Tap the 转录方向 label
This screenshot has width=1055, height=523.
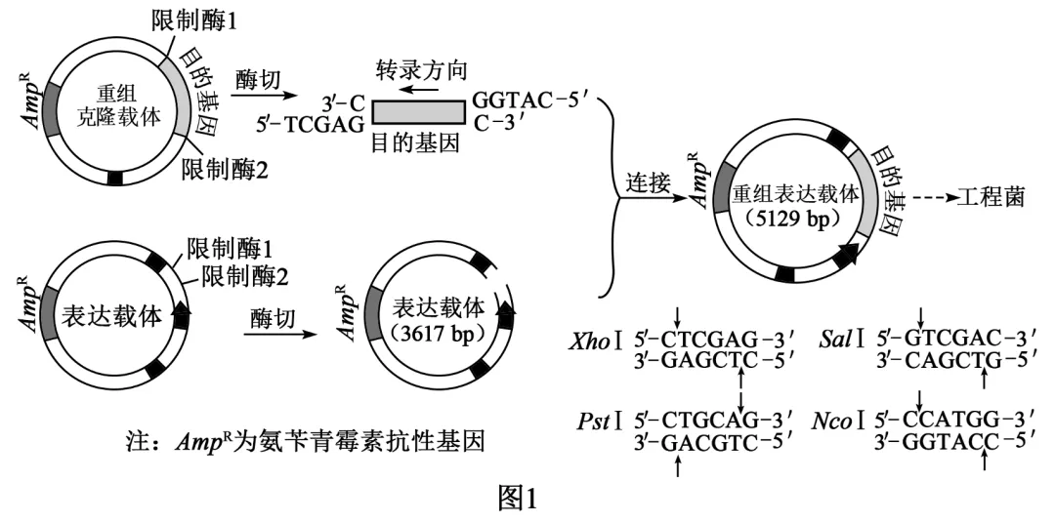422,69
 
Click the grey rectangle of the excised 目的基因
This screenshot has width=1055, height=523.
418,112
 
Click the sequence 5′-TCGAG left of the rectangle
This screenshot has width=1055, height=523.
311,124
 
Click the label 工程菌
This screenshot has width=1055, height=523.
992,198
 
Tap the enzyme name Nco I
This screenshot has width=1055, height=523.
838,422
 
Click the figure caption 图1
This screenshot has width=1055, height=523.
518,500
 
